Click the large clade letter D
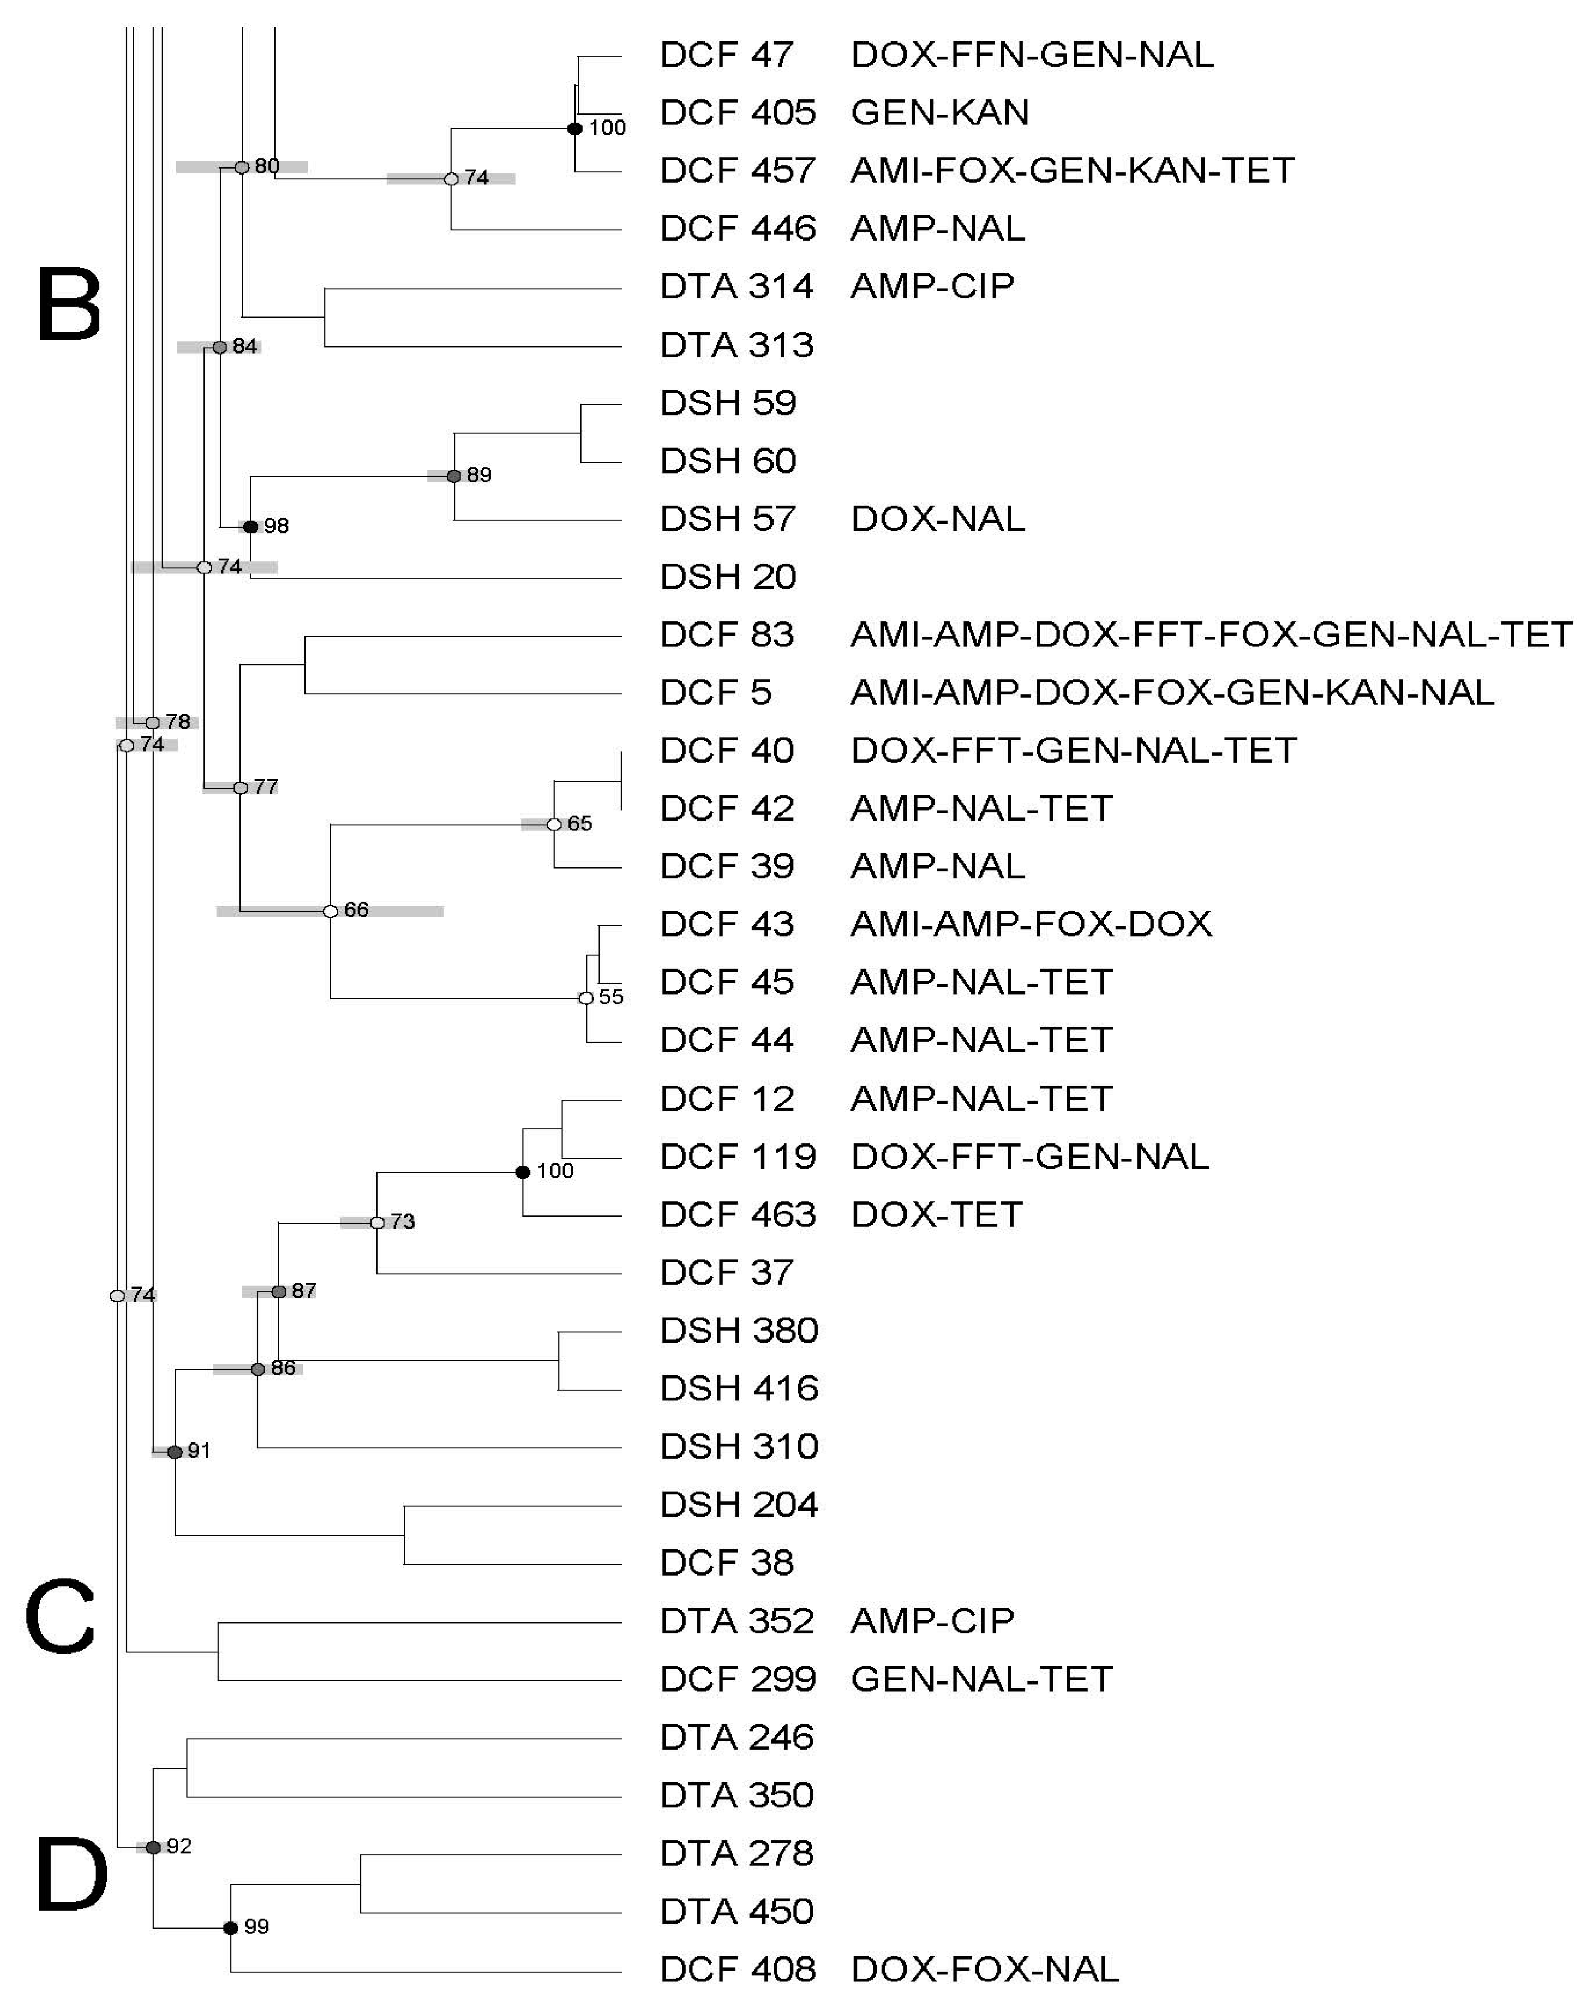[71, 1875]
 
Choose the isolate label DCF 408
[737, 1969]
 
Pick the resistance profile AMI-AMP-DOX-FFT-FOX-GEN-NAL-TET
[1211, 635]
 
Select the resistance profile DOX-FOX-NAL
[984, 1969]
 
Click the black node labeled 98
[250, 527]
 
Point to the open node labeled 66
[330, 911]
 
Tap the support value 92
[178, 1846]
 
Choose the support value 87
[303, 1290]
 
